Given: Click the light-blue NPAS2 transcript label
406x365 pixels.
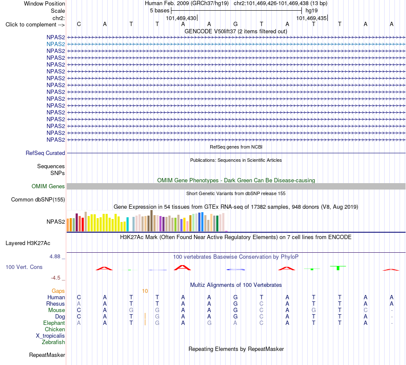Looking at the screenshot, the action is [56, 44].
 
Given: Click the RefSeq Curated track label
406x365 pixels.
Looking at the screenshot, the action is [45, 153].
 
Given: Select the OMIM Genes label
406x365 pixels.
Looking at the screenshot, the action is [48, 186].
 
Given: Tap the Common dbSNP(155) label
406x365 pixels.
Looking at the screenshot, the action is [38, 199].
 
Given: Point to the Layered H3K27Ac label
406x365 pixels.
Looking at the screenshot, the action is [28, 243].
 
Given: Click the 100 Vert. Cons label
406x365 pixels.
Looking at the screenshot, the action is [24, 267].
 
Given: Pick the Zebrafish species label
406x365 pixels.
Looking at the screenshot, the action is [53, 342].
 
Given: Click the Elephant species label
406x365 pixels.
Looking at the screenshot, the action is [54, 323].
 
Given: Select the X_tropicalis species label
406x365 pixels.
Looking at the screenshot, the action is [50, 336].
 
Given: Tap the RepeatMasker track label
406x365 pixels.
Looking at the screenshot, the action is [47, 355].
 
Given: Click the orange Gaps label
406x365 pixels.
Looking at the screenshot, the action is [58, 291].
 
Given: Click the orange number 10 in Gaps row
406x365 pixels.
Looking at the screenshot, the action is [145, 291].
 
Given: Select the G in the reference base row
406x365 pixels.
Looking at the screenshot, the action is [235, 24].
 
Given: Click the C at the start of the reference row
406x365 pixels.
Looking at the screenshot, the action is [79, 24].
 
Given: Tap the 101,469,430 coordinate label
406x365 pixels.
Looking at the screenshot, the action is [181, 18].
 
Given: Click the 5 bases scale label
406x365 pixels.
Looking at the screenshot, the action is [160, 11].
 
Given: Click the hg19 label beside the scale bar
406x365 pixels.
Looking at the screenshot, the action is [312, 11].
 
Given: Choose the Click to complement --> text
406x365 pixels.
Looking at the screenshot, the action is [35, 25].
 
